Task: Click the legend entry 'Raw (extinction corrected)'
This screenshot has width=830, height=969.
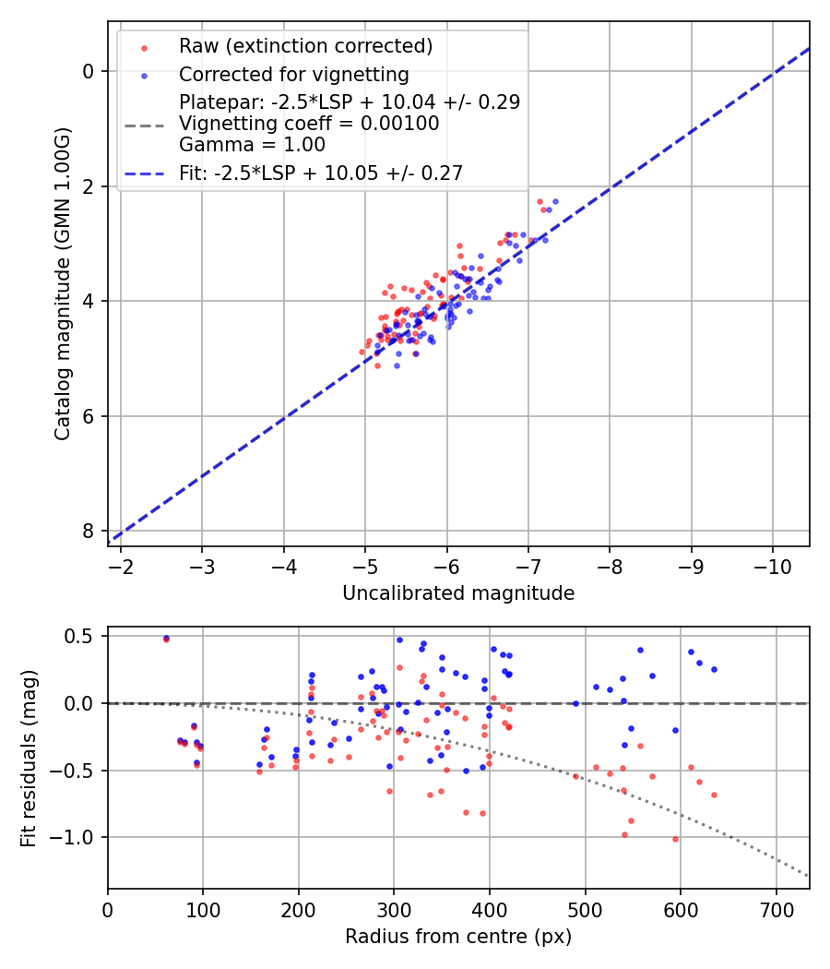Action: [x=305, y=46]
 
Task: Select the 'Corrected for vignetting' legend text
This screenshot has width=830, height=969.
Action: [x=293, y=75]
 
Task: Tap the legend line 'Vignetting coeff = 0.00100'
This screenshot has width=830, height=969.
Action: [x=309, y=124]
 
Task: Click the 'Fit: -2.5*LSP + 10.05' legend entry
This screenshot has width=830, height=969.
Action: [x=320, y=173]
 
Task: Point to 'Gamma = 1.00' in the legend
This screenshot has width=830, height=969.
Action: [x=252, y=145]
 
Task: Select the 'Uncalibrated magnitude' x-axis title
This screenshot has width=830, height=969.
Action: [x=458, y=593]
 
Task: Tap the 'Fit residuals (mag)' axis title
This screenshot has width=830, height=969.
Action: [x=29, y=758]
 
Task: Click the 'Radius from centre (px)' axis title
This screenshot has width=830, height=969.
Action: [x=458, y=937]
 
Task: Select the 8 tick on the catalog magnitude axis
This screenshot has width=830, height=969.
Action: [x=89, y=531]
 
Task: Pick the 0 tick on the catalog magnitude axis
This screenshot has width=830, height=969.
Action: [x=89, y=71]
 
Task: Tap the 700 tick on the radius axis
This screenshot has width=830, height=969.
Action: [x=776, y=908]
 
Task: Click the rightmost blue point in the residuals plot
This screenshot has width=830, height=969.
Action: [x=714, y=669]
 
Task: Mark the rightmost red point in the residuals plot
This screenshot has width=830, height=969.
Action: [x=714, y=795]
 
